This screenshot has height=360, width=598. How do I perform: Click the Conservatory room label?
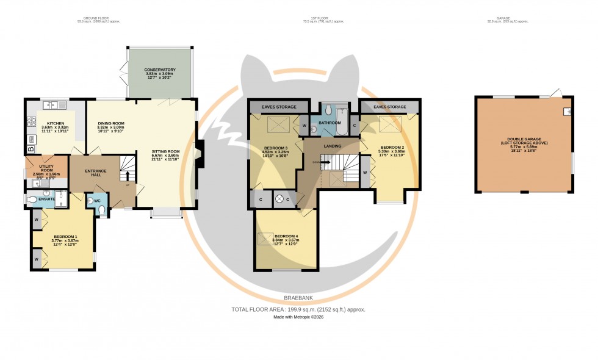click(160, 70)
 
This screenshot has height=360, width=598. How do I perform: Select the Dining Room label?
click(111, 124)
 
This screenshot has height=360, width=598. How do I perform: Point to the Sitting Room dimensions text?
click(165, 160)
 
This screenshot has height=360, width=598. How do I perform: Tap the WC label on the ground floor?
click(97, 201)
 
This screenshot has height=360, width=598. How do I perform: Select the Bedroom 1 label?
click(64, 237)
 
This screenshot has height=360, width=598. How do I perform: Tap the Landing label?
click(332, 146)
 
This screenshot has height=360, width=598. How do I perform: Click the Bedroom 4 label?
click(286, 237)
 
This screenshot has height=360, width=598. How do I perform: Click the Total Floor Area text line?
click(298, 309)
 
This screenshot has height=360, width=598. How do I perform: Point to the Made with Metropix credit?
click(298, 318)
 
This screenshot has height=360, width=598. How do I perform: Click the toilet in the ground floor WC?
click(101, 211)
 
